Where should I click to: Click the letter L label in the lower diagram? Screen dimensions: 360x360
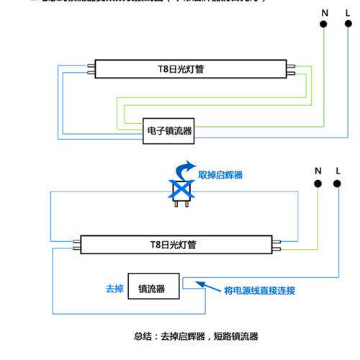(x=337, y=170)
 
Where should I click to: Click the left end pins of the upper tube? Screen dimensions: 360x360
(x=91, y=70)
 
